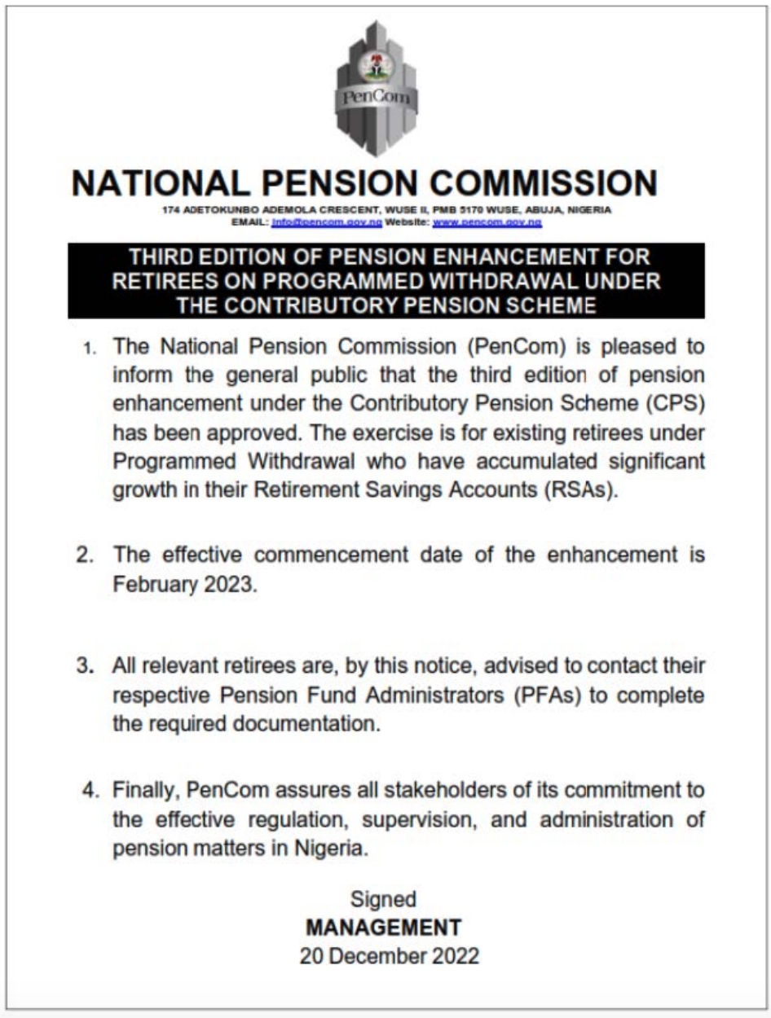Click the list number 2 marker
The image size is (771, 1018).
[x=86, y=555]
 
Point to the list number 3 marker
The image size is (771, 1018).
[x=86, y=665]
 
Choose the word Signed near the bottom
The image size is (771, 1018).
[x=383, y=900]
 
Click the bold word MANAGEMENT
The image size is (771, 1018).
[x=383, y=928]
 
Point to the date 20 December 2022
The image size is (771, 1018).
[x=389, y=956]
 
